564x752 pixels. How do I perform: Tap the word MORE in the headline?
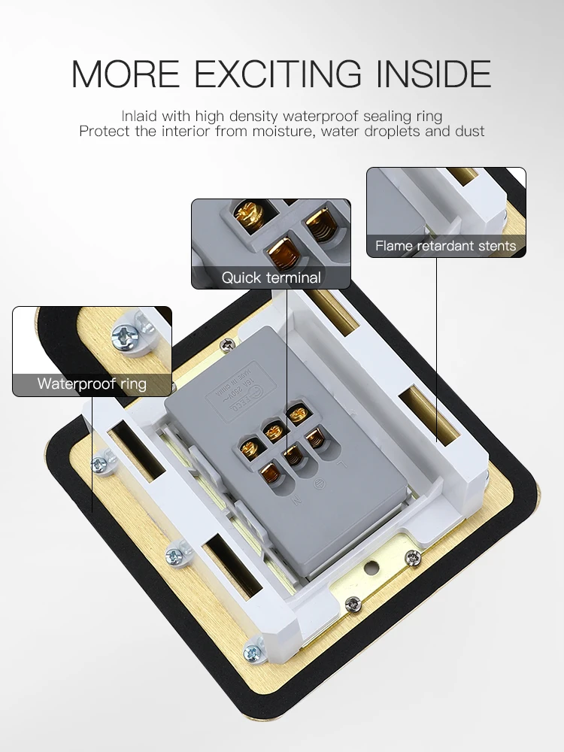tap(126, 73)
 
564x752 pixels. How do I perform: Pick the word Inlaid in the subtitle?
tap(138, 116)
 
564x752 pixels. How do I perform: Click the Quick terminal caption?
tap(271, 277)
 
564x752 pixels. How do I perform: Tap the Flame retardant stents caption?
tap(445, 246)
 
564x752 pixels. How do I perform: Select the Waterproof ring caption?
tap(92, 384)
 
